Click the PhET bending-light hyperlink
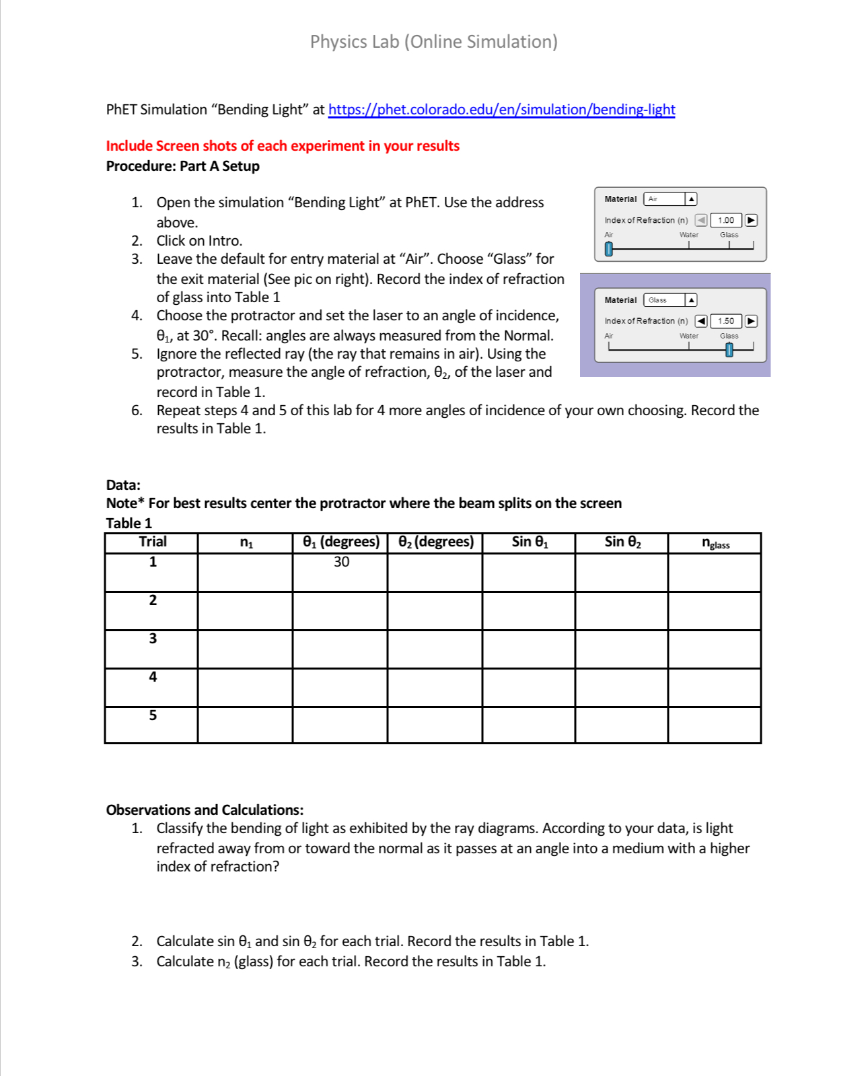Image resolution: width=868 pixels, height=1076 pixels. coord(501,110)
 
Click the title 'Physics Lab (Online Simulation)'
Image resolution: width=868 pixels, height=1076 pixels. coord(433,42)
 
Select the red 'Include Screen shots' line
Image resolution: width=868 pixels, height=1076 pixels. coord(283,146)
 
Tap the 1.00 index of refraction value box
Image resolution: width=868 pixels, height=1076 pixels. coord(726,220)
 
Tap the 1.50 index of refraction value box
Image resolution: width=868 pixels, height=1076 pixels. coord(726,321)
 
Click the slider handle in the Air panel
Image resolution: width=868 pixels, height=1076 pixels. coord(609,249)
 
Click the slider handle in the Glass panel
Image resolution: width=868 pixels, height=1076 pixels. coord(729,350)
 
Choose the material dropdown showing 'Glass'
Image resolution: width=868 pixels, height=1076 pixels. coord(670,300)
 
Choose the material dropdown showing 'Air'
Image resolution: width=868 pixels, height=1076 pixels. coord(670,199)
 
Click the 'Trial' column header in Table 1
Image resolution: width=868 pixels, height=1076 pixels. coord(152,542)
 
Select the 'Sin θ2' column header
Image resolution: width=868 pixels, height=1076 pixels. coord(622,542)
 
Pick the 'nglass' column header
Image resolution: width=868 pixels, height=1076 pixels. coord(715,543)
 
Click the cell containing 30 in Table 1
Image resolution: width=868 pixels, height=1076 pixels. coord(341,563)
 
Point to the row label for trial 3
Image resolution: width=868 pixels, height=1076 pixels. coord(153,639)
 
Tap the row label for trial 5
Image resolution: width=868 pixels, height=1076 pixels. coord(153,715)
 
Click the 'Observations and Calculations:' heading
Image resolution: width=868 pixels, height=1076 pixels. coord(205,810)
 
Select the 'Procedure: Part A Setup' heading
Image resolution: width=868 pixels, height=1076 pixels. coord(182,166)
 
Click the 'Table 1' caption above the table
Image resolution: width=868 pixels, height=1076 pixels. coord(129,523)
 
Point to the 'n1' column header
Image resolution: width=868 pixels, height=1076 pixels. coord(246,543)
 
